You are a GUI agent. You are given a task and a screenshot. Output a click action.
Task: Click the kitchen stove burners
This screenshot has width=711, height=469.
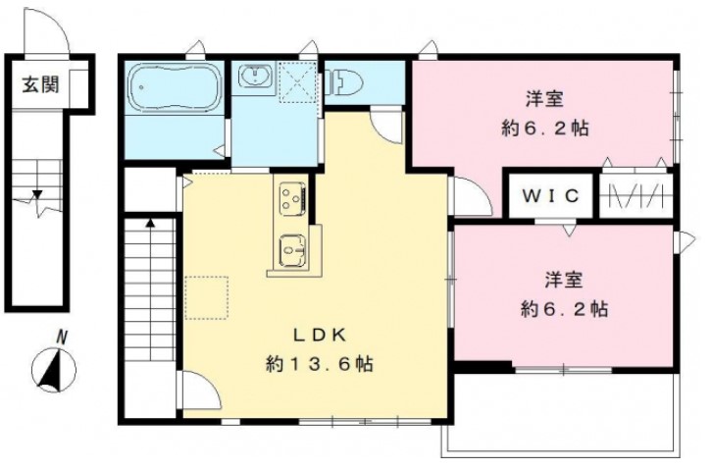coord(291,200)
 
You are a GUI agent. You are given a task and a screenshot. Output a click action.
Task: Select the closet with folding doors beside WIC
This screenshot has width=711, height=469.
coord(635,195)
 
